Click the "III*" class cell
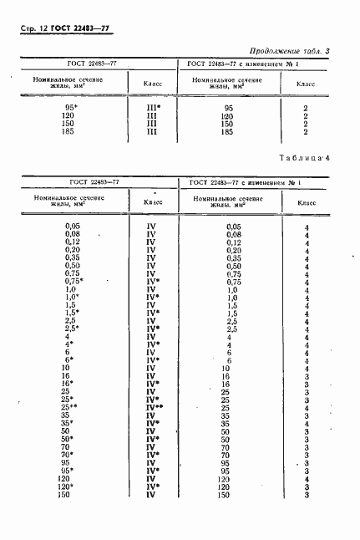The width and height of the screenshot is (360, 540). pyautogui.click(x=153, y=109)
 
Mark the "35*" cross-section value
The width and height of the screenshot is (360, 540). pyautogui.click(x=71, y=422)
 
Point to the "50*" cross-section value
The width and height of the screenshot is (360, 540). pyautogui.click(x=71, y=438)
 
